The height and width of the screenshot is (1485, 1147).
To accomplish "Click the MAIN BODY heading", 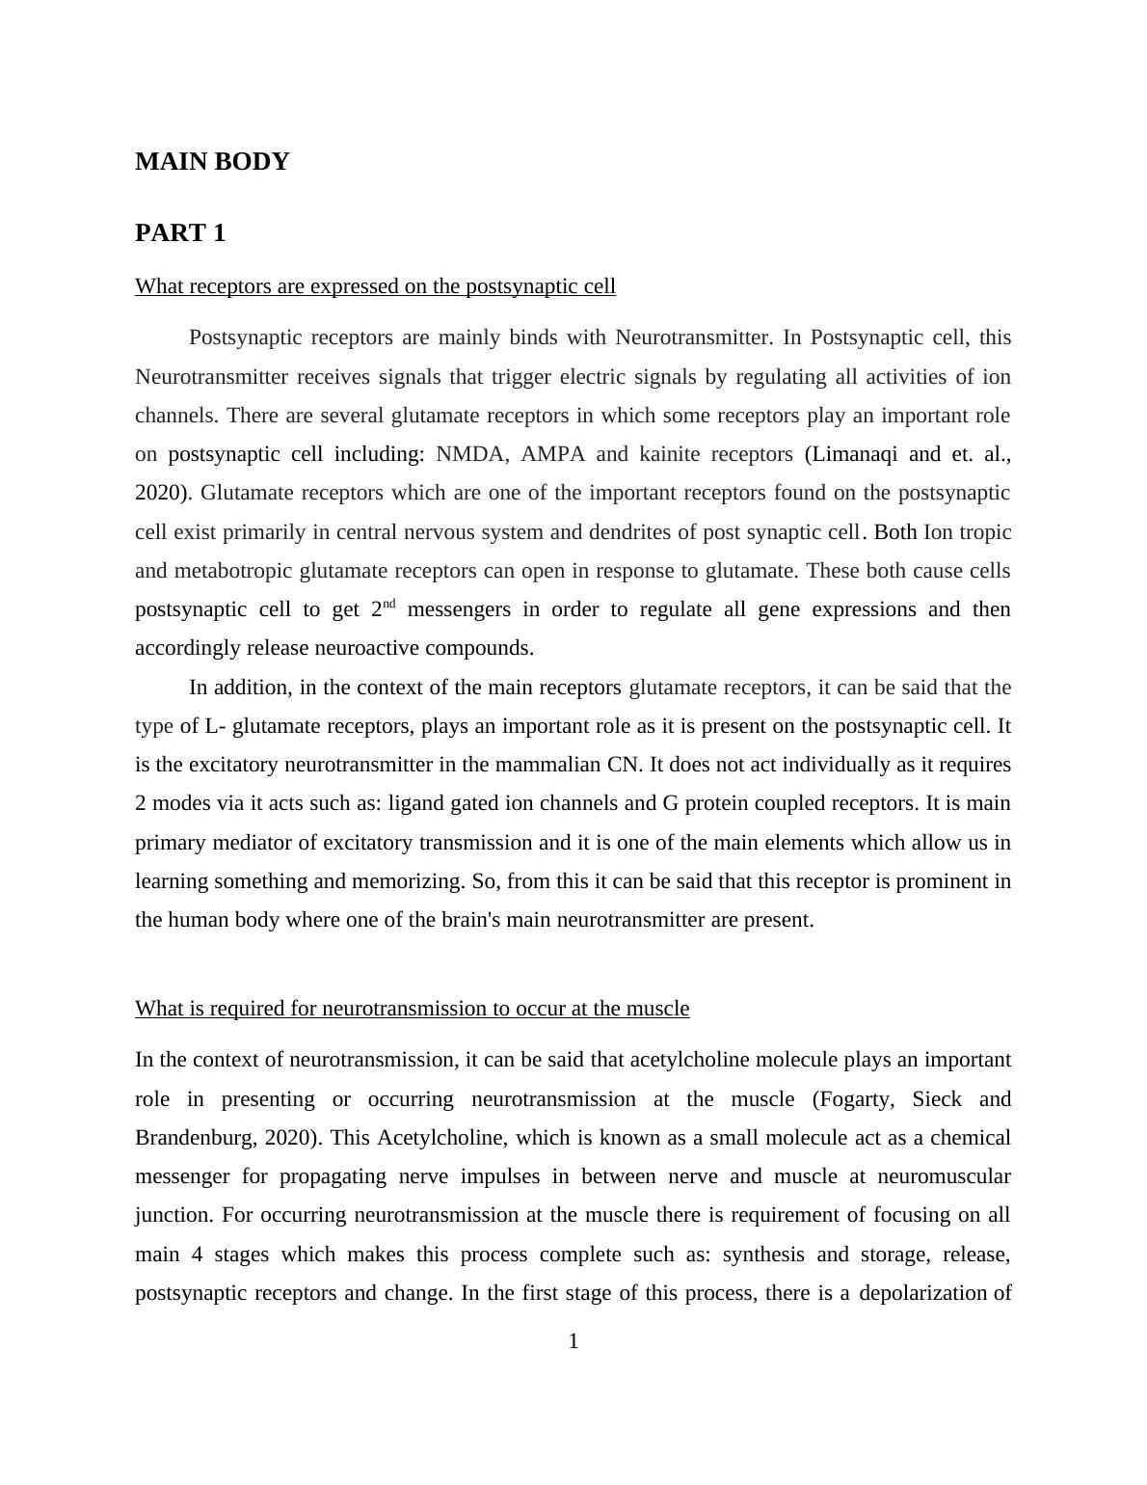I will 212,162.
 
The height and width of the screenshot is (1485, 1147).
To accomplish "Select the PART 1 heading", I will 180,233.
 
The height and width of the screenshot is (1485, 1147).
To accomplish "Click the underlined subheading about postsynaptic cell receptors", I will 375,286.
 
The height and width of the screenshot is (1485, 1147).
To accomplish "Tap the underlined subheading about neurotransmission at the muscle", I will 412,1009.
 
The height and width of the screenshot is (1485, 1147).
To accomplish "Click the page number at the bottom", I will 573,1341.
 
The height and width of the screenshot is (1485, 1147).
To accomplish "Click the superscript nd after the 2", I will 389,605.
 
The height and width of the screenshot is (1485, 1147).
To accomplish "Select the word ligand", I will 416,803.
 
